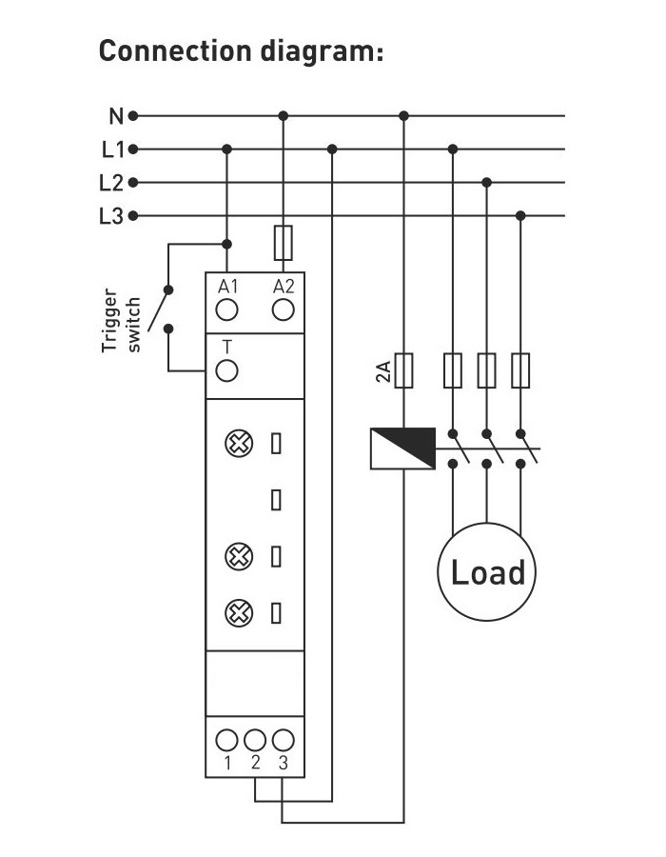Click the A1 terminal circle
[227, 309]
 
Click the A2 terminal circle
[283, 309]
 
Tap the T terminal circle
[227, 370]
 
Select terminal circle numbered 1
[227, 739]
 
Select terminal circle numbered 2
[255, 739]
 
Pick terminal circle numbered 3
[283, 739]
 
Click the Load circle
[487, 572]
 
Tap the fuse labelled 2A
[404, 370]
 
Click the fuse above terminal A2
[283, 243]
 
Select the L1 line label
[112, 149]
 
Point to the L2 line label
[112, 183]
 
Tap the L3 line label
[112, 216]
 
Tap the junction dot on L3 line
[519, 216]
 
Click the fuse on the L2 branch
[486, 370]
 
